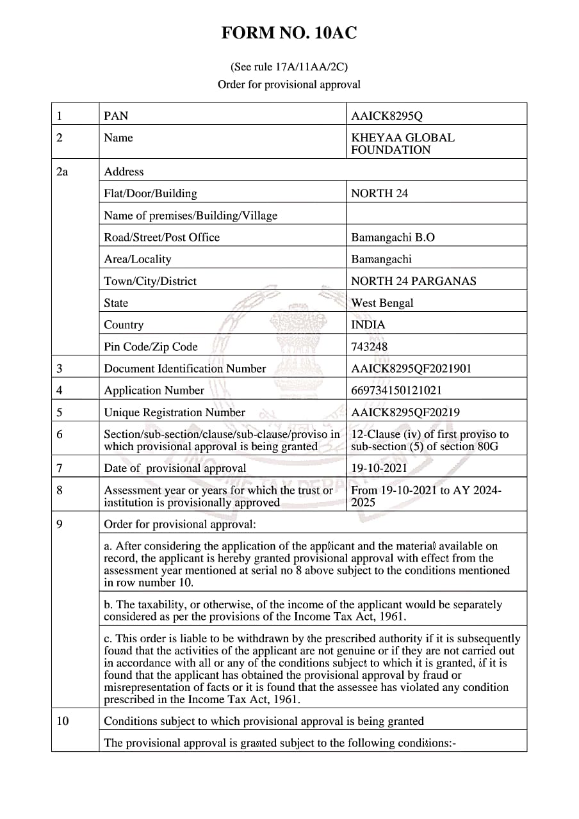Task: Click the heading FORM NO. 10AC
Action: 289,34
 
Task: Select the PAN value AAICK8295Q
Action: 387,116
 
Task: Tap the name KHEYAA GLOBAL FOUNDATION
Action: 403,143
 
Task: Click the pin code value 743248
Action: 370,346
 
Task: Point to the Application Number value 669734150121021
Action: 396,390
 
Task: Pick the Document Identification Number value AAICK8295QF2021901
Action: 411,368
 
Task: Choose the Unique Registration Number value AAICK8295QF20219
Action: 405,412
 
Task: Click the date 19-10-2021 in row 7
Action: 379,468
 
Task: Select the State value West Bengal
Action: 382,303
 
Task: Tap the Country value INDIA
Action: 368,325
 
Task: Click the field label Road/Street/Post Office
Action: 161,237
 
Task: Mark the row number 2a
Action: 62,172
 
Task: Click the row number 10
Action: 62,721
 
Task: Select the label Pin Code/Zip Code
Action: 151,346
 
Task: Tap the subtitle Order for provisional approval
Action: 289,85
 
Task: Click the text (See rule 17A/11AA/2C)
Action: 289,67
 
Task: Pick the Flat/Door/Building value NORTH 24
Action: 379,193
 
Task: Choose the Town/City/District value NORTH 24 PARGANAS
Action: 414,281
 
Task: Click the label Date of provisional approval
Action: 175,468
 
